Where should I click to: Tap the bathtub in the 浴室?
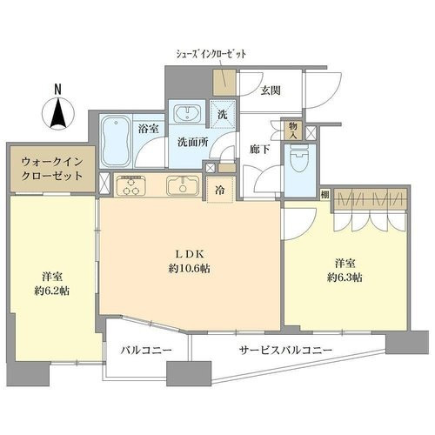(x=116, y=141)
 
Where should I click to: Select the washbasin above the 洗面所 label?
(x=187, y=113)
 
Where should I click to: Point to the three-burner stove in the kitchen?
(x=130, y=185)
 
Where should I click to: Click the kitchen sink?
(x=183, y=185)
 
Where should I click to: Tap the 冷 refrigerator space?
(x=220, y=190)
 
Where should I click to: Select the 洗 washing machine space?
(x=223, y=115)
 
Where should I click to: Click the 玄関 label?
(x=271, y=90)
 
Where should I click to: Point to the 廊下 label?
(x=260, y=150)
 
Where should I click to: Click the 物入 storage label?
(x=293, y=130)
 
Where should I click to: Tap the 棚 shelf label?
(x=325, y=195)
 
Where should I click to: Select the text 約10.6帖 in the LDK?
(x=190, y=269)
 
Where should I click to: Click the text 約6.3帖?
(x=345, y=278)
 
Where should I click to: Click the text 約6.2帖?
(x=52, y=291)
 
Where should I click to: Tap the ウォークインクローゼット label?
(x=52, y=169)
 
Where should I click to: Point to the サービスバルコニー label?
(x=285, y=351)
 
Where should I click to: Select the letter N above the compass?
(x=58, y=90)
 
